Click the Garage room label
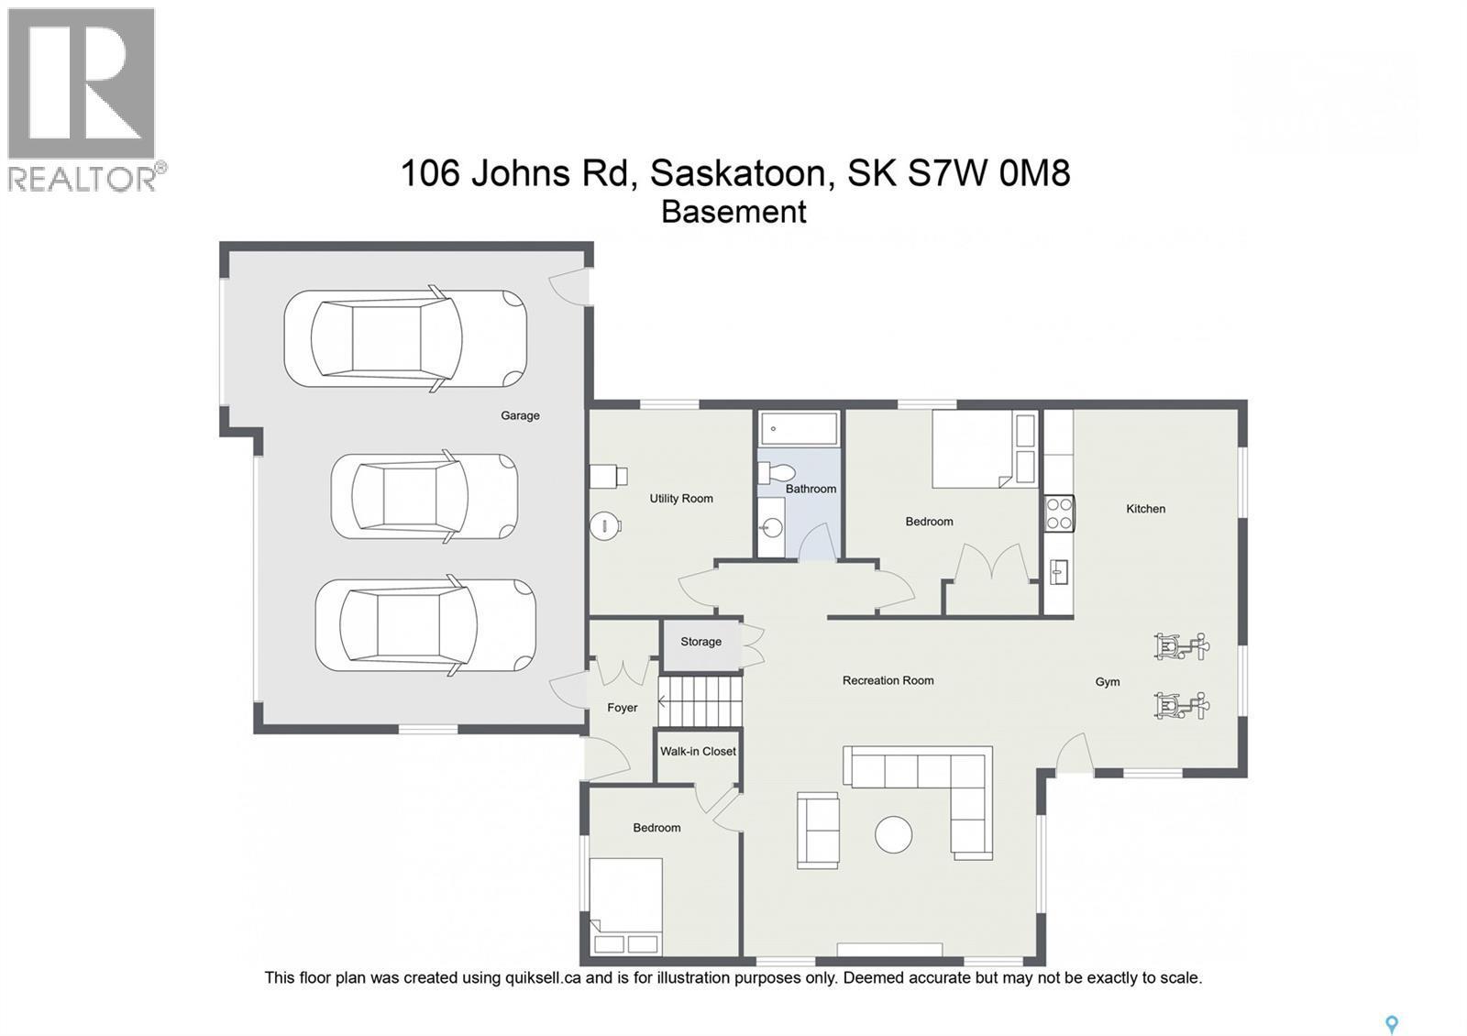tap(520, 415)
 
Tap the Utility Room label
tap(681, 499)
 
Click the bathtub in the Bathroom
tap(799, 428)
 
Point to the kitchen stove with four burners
tap(1060, 513)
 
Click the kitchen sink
tap(1059, 572)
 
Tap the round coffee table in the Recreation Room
tap(893, 834)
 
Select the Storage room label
tap(700, 642)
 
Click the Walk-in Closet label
tap(698, 751)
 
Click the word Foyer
tap(623, 708)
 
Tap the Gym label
tap(1108, 682)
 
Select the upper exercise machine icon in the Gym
tap(1181, 646)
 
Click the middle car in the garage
tap(424, 496)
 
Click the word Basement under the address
tap(733, 212)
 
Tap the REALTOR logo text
tap(83, 178)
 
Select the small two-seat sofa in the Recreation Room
tap(818, 830)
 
